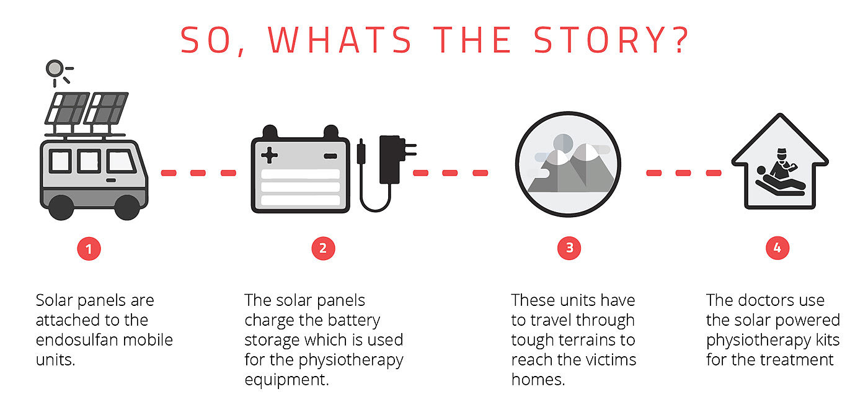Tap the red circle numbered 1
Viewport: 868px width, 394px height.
pos(89,249)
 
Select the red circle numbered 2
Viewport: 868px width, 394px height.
pos(322,249)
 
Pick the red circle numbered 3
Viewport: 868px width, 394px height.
pos(569,249)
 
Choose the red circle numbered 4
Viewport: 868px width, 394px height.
pos(777,249)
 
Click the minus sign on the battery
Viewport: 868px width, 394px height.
pos(330,154)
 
